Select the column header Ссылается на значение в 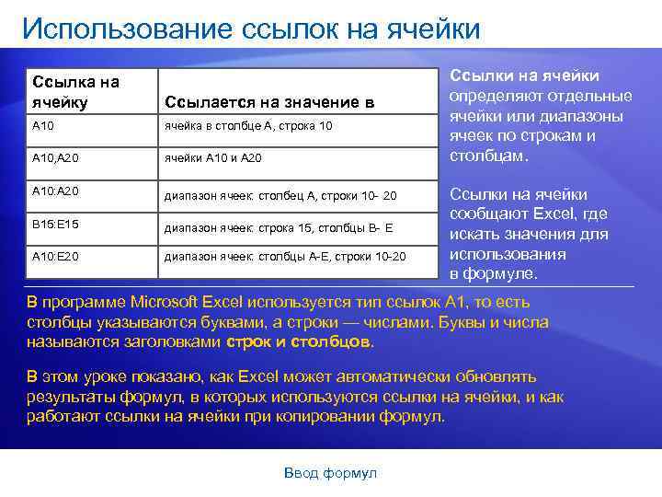269,102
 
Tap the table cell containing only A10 43,124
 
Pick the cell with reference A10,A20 55,157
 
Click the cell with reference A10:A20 55,191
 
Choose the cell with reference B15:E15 55,223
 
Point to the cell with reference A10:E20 55,255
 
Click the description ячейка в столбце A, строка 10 248,125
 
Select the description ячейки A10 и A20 213,158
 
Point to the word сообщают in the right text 486,214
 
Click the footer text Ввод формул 331,472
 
